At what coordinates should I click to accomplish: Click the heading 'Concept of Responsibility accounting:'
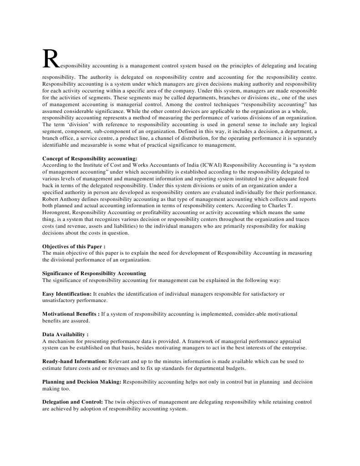pos(86,159)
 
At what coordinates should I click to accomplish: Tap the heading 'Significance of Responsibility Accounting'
pos(94,273)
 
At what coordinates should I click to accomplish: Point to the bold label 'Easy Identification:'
pos(67,294)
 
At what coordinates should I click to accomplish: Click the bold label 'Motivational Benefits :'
pos(71,314)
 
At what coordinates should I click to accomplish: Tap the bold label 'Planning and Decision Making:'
pos(81,382)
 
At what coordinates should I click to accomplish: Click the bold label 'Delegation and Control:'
pos(73,402)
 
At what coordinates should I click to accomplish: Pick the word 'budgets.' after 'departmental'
pos(235,368)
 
